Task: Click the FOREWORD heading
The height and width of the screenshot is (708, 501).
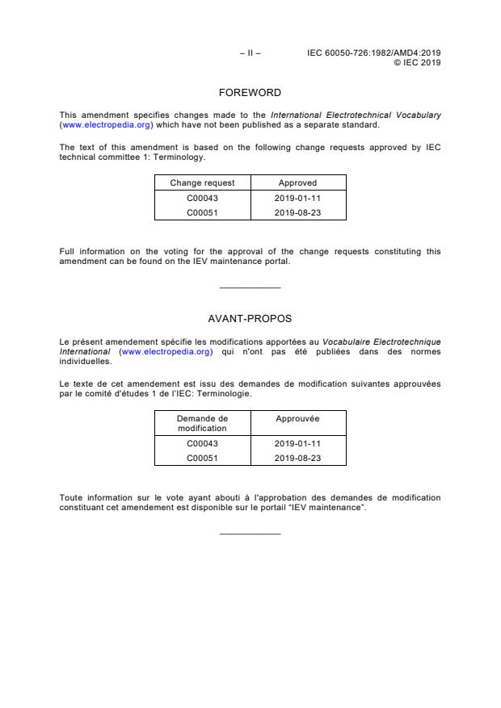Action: click(250, 93)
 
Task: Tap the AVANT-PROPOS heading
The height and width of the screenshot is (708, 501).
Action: click(250, 319)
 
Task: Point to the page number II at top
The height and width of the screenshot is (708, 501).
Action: click(250, 53)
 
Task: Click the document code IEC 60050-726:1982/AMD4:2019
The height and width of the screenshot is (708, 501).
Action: click(373, 53)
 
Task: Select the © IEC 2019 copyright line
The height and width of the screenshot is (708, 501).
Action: click(416, 62)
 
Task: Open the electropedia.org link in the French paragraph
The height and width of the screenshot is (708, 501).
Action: click(166, 352)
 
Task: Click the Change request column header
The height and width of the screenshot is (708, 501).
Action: click(202, 183)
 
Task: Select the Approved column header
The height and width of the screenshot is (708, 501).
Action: click(297, 183)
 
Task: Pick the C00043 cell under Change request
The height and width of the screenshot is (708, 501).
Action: click(202, 199)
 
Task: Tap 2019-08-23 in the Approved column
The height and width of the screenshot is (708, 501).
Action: click(297, 213)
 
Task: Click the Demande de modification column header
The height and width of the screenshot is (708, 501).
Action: click(202, 423)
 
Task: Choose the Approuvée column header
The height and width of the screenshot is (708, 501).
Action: click(297, 418)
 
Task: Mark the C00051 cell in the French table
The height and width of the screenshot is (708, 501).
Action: click(202, 458)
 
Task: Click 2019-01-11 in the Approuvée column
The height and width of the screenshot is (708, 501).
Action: click(297, 443)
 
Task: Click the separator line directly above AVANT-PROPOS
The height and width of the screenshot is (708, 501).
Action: click(250, 288)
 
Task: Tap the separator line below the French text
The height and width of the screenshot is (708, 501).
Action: click(250, 534)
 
